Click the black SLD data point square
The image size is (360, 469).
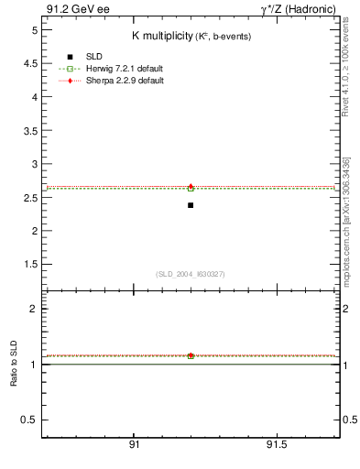pos(191,205)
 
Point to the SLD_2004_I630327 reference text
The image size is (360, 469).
pos(191,273)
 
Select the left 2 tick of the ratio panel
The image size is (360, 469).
pos(32,309)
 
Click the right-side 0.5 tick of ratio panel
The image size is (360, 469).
pos(348,420)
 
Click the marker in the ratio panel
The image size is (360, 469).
pos(191,355)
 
